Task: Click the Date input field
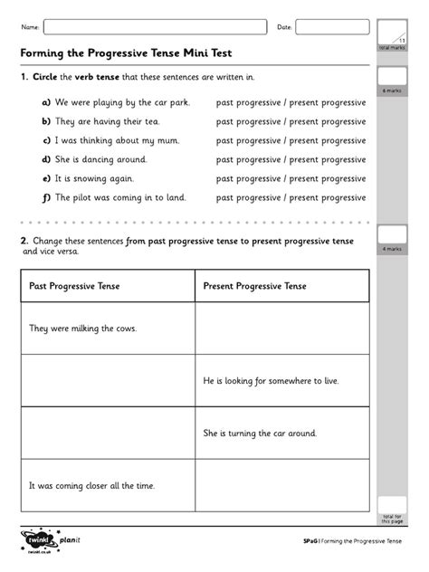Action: [x=331, y=27]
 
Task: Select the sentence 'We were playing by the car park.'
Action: [x=122, y=103]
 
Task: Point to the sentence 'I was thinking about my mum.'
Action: [x=117, y=140]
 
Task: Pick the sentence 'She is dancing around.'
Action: [x=100, y=159]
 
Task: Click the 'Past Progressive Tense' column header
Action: [x=74, y=286]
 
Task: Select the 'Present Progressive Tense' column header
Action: [x=255, y=286]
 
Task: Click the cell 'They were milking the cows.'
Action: [x=82, y=329]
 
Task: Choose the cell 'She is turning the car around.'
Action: [x=260, y=434]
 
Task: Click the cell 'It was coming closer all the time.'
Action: [x=92, y=486]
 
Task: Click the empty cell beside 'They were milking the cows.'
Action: [x=281, y=329]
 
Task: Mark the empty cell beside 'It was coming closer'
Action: [x=281, y=486]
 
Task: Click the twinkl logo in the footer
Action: [x=38, y=541]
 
